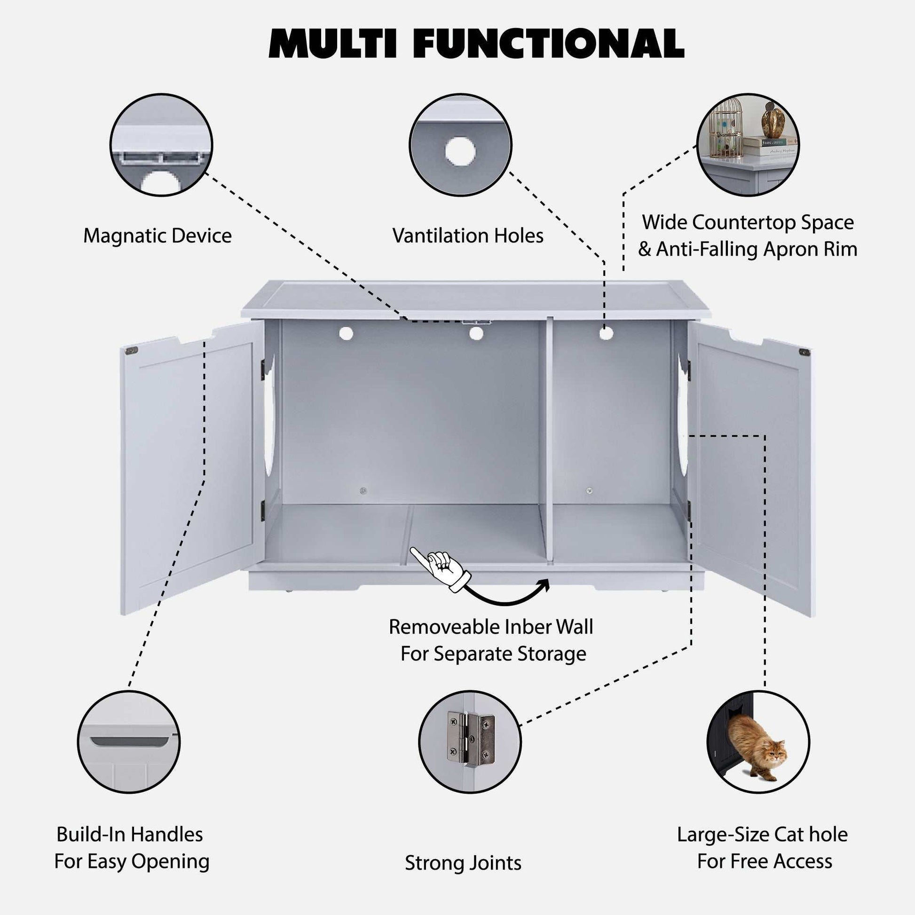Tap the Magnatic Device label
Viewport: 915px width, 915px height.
157,236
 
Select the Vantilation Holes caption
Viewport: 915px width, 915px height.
467,236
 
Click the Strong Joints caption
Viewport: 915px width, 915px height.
463,863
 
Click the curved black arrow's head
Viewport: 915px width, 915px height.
544,586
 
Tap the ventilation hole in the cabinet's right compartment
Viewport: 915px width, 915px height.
606,333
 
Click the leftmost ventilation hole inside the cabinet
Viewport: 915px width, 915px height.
346,333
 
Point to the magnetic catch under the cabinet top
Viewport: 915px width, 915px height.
475,322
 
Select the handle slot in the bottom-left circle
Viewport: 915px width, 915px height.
129,741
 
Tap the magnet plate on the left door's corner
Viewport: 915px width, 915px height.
131,351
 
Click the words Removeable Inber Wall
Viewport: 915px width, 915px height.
491,627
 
